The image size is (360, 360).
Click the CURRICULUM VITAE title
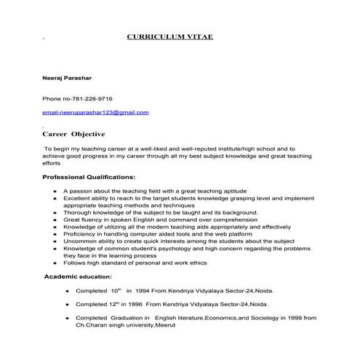click(169, 36)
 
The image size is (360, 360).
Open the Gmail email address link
click(95, 113)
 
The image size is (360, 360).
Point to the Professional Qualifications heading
click(89, 177)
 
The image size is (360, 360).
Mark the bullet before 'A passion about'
click(56, 191)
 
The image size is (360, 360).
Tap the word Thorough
click(77, 212)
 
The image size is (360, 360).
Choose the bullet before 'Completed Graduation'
click(68, 318)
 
